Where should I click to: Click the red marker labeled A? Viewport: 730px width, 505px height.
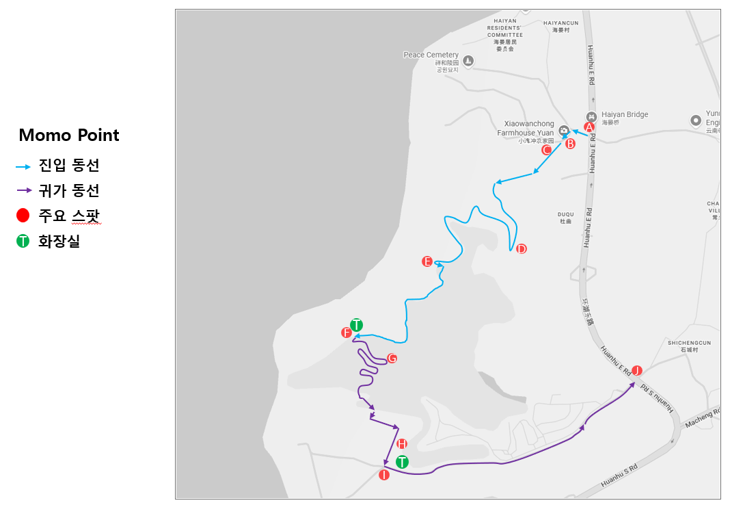tap(589, 127)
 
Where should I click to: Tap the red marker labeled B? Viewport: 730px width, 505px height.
tap(570, 144)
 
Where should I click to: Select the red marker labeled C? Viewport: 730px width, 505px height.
tap(546, 149)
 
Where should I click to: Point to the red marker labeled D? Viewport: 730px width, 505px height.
tap(521, 248)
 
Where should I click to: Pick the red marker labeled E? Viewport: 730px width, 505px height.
tap(427, 261)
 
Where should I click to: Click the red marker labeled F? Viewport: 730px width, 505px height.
tap(347, 333)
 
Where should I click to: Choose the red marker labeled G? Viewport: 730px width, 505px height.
tap(392, 358)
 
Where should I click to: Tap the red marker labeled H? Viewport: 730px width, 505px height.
tap(402, 443)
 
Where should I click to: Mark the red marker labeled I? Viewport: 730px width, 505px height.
tap(383, 475)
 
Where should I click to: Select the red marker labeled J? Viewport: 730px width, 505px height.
tap(637, 370)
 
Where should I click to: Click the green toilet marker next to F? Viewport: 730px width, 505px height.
tap(356, 324)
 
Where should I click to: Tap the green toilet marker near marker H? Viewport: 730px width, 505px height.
tap(402, 462)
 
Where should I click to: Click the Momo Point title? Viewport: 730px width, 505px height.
tap(69, 135)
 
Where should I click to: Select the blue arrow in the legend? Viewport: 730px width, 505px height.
tap(23, 166)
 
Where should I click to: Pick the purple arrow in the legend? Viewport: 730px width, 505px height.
tap(23, 190)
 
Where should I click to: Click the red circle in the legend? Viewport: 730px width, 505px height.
tap(23, 216)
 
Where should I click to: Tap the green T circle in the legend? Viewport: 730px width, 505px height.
tap(23, 241)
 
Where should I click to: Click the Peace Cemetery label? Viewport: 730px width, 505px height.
tap(431, 55)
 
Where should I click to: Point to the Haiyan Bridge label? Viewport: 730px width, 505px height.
tap(625, 115)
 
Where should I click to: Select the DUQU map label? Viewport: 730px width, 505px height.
tap(565, 214)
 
